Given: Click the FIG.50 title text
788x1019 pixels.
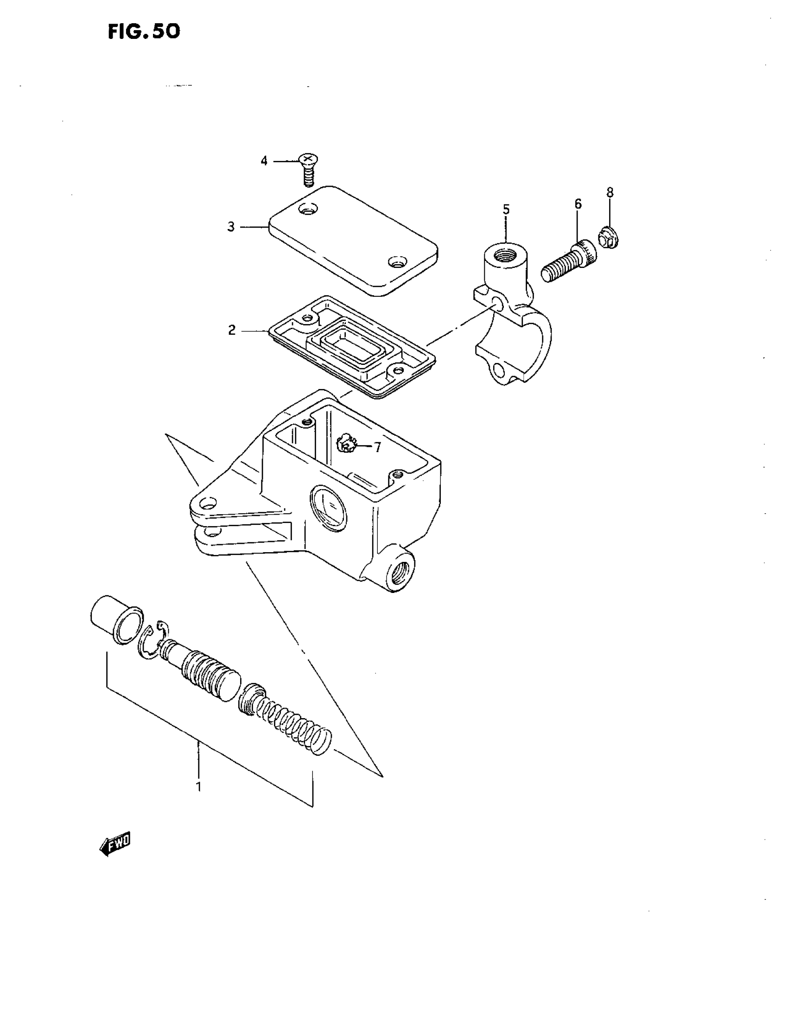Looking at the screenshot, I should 144,32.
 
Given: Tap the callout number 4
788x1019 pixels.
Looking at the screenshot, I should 264,161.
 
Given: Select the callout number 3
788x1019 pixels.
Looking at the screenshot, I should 231,227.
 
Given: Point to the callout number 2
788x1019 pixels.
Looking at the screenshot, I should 232,331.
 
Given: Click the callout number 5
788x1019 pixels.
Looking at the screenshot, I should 506,210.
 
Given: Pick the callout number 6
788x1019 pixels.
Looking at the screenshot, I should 578,204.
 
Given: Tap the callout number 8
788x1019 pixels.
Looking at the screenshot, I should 610,192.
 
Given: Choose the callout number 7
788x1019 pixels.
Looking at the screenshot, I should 377,447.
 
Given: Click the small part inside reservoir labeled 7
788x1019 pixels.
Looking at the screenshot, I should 346,444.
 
